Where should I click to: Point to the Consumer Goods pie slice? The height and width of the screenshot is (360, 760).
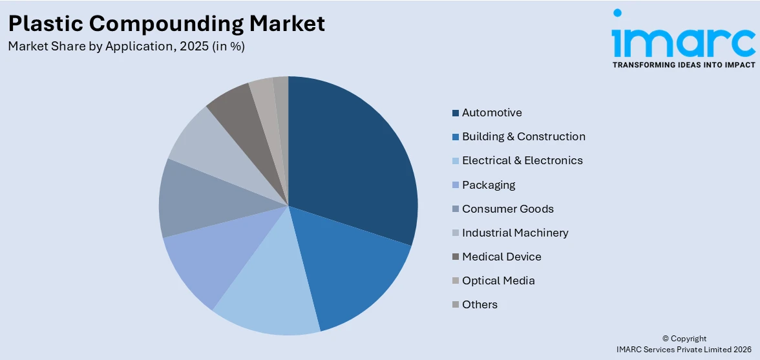coord(191,200)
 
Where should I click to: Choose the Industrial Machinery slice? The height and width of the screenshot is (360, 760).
coord(207,142)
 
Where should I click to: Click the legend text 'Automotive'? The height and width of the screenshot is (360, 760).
coord(492,112)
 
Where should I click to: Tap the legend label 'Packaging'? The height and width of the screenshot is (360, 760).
coord(489,185)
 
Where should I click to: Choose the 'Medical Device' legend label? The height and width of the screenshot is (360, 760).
coord(501,257)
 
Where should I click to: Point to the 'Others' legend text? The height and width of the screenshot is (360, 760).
coord(480,304)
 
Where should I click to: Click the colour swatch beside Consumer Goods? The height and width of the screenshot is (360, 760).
coord(456,209)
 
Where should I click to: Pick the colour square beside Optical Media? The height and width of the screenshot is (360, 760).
coord(456,281)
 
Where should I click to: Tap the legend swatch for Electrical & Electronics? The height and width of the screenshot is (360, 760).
coord(456,161)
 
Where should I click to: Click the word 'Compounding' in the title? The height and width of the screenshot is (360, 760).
coord(167,23)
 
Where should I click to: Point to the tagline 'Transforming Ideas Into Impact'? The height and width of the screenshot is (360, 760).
coord(683,65)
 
